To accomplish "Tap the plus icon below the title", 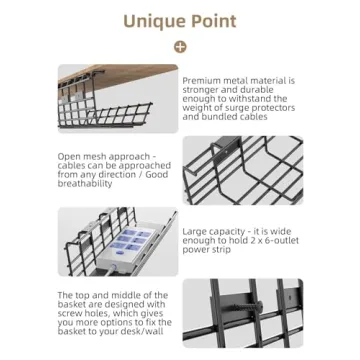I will click(180, 46).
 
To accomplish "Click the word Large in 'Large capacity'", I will click(195, 230).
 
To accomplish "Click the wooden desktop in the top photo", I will click(117, 73).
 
